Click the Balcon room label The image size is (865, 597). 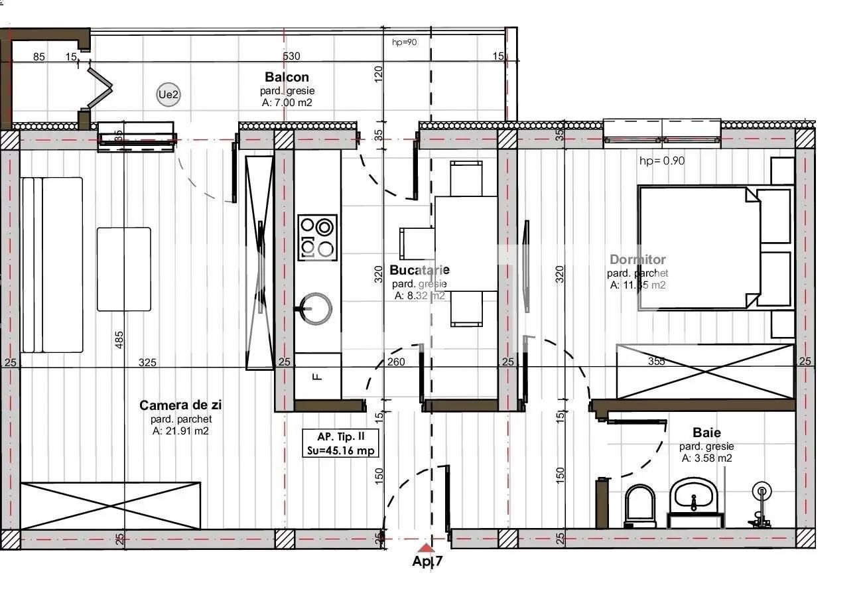pos(286,77)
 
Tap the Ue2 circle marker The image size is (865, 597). pos(168,95)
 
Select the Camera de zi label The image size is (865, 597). pos(180,405)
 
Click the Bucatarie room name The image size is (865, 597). pos(419,270)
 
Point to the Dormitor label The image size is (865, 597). pos(637,260)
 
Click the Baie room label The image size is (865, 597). pos(706,432)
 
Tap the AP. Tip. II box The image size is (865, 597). pos(341,443)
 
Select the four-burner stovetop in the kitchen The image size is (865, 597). pos(317,237)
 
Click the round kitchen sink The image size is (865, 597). pos(317,308)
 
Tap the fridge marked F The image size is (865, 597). pos(317,376)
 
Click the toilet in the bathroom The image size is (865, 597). pos(640,505)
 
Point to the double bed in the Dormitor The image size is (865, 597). pos(703,247)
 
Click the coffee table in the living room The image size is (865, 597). pos(124,269)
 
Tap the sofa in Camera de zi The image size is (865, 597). pos(52,264)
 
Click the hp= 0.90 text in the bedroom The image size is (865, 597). pos(661,161)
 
